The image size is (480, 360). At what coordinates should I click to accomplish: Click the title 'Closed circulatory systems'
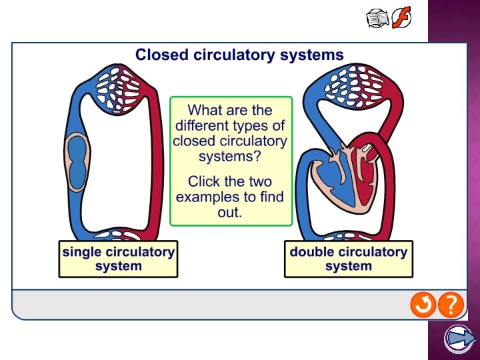click(x=239, y=55)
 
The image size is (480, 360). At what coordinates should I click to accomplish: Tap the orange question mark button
click(x=451, y=305)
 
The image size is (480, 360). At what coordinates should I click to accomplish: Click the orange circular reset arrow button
click(x=423, y=305)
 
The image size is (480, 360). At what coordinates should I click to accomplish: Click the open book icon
click(x=378, y=17)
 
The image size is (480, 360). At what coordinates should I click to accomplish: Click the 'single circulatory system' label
click(x=119, y=259)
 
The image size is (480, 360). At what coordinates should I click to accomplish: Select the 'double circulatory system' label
click(x=348, y=259)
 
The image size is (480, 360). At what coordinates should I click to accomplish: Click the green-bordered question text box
click(x=231, y=161)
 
